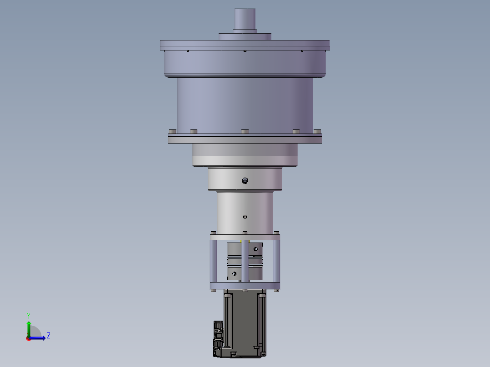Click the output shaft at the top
click(245, 19)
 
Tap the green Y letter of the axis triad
click(29, 316)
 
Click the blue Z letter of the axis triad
click(49, 336)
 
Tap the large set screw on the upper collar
click(245, 180)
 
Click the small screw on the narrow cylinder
click(245, 217)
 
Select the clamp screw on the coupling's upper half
click(255, 249)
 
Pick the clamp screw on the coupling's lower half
click(234, 273)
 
